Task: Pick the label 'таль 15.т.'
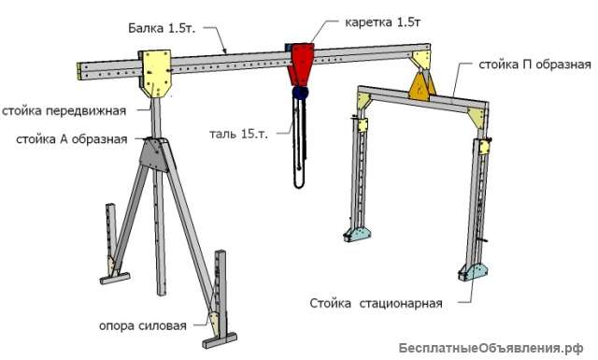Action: [x=238, y=133]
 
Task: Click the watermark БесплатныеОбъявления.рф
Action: [x=496, y=347]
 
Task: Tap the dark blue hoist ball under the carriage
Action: [x=301, y=94]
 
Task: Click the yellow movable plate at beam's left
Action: [x=155, y=72]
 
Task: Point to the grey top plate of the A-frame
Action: [x=155, y=151]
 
